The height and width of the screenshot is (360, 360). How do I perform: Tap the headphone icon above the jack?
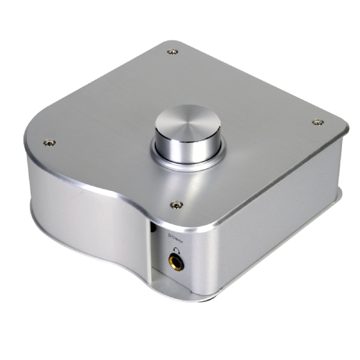point(177,250)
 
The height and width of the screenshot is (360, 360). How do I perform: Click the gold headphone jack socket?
point(176,262)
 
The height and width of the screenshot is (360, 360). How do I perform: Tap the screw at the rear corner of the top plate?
point(173,52)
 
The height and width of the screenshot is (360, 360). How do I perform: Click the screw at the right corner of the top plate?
point(318,122)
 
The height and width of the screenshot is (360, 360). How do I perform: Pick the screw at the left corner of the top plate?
point(49,143)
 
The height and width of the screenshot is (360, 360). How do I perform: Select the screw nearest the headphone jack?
point(176,205)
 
